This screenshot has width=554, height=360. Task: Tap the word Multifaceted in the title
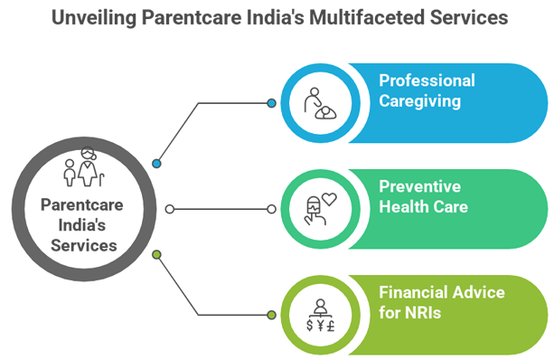(365, 18)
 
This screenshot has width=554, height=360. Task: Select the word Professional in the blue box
(427, 81)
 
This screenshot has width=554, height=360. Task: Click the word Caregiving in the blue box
(419, 100)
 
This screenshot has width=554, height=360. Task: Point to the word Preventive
(419, 186)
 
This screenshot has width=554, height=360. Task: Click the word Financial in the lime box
(412, 292)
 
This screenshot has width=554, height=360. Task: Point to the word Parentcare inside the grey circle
(81, 204)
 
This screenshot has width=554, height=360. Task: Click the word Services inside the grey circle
(82, 244)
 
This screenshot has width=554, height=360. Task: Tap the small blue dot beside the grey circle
(157, 164)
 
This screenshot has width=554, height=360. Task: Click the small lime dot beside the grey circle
(157, 254)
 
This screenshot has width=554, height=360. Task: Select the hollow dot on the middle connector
(168, 209)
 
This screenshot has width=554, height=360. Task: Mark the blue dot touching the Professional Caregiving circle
(271, 103)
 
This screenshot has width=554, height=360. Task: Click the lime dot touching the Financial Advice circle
(271, 314)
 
